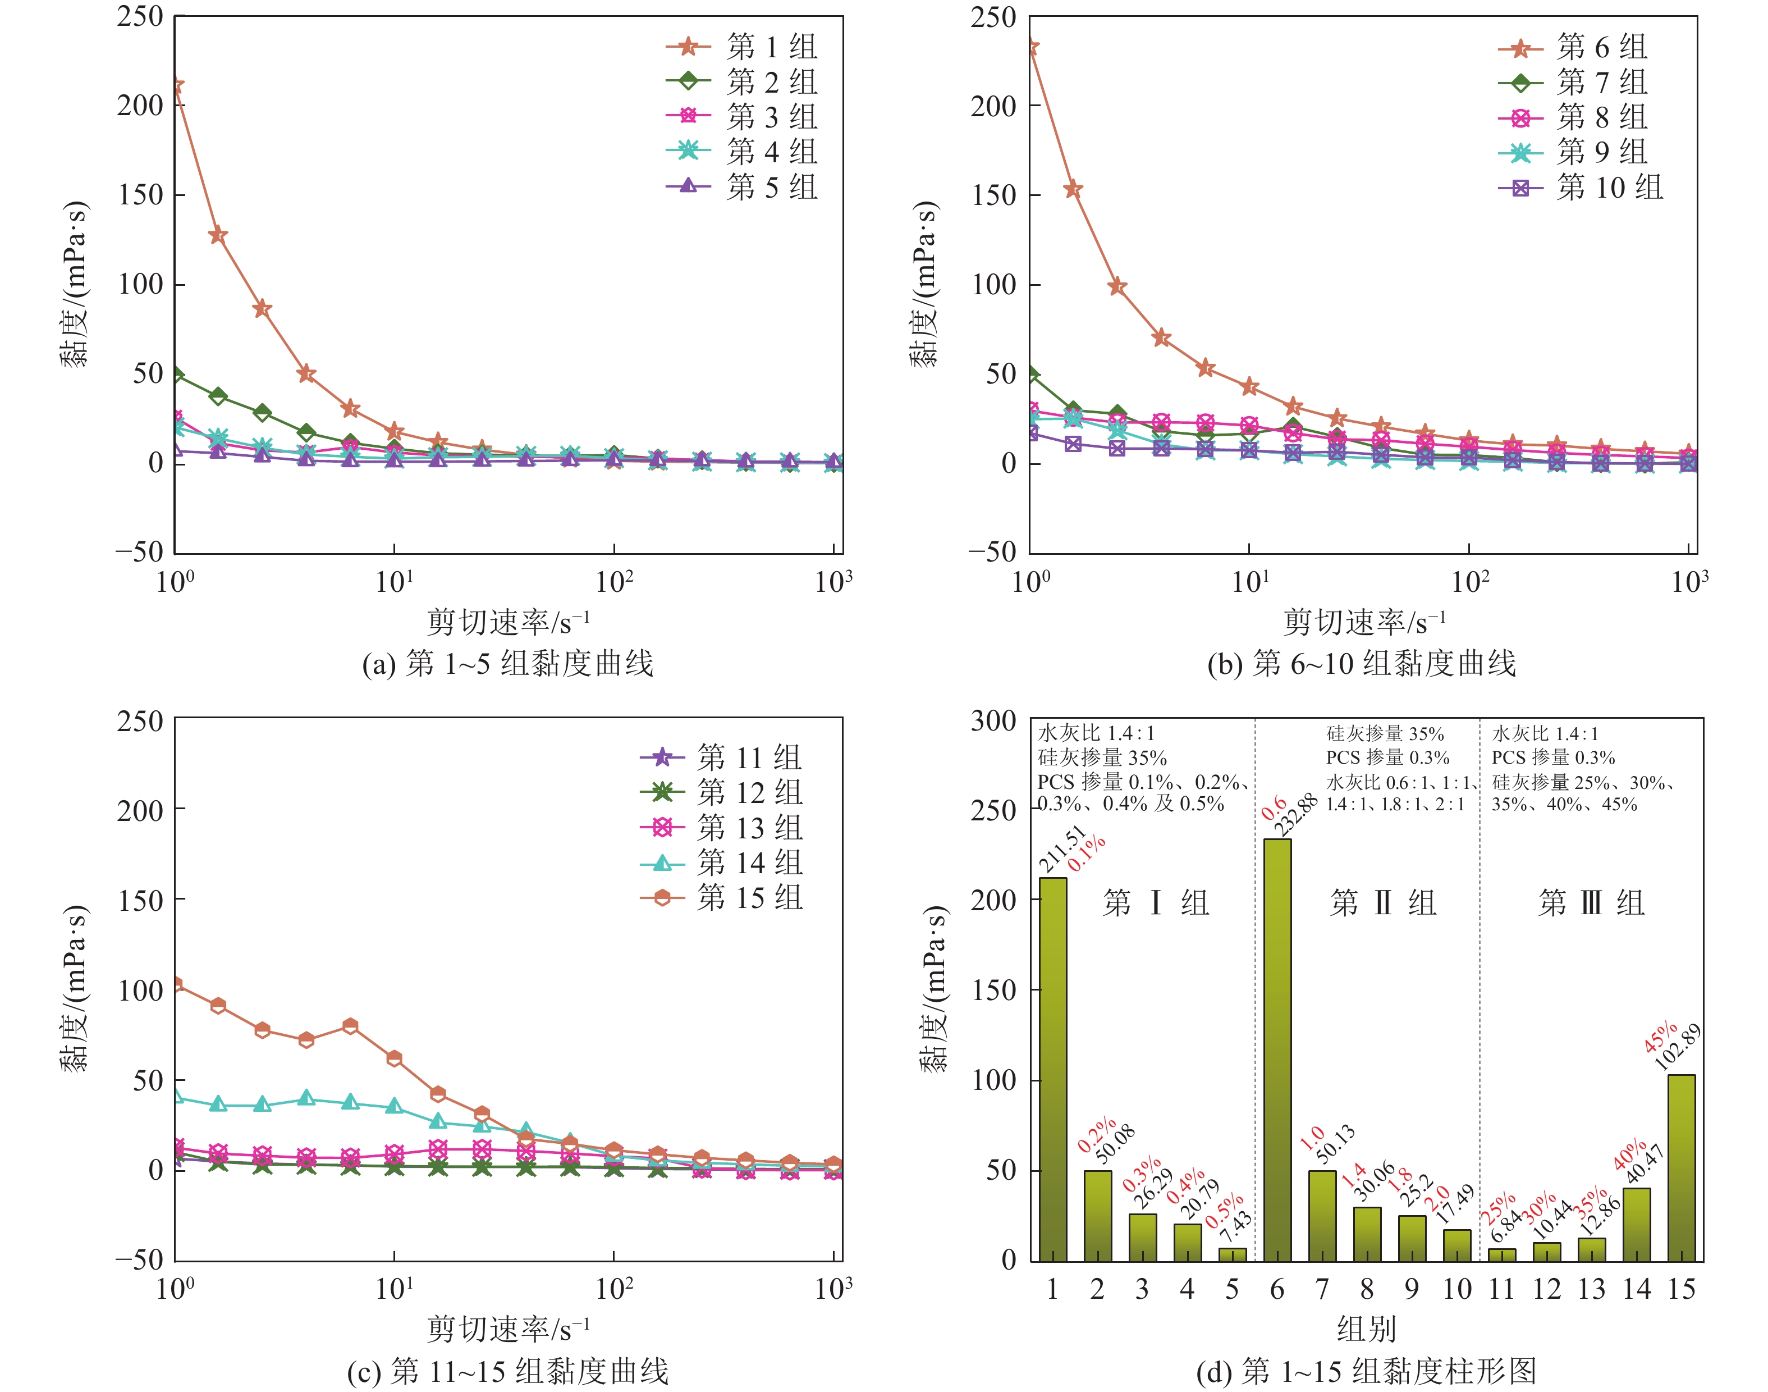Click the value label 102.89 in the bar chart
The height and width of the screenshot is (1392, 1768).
[1678, 1047]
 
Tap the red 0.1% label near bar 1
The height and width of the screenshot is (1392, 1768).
[1087, 852]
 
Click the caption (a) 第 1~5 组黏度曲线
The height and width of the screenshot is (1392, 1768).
[507, 663]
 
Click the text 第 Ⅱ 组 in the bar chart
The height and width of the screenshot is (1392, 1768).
[1382, 903]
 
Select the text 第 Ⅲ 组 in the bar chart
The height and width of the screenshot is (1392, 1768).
[1591, 903]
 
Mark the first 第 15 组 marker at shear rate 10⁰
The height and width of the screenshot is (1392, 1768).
[175, 984]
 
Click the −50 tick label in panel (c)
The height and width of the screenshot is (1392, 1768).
[139, 1260]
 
